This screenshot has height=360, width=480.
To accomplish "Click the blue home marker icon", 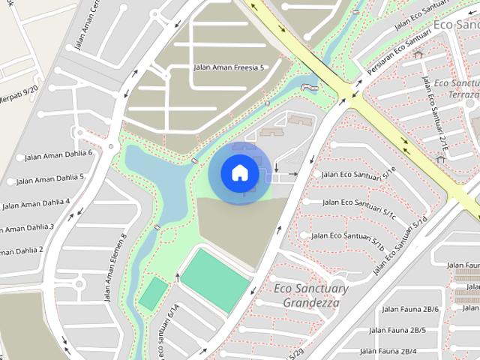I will (x=240, y=172).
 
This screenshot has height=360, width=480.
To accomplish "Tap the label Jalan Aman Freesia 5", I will (x=229, y=67).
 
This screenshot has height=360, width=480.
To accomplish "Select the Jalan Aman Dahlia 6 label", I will (x=58, y=154).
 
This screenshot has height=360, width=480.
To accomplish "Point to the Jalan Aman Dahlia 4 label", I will (x=37, y=203).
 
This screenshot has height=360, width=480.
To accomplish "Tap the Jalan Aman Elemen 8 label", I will (x=115, y=267).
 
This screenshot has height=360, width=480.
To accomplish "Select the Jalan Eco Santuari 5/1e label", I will (x=358, y=174).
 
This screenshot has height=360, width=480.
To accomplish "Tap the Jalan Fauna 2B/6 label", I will (x=410, y=309).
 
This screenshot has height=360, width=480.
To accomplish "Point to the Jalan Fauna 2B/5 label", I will (x=403, y=330).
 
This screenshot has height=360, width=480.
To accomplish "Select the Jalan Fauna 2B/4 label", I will (x=388, y=351).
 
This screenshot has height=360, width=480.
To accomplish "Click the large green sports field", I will (x=214, y=280).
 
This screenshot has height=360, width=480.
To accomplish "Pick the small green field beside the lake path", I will (x=153, y=293).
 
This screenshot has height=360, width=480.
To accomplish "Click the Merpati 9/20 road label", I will (x=18, y=96).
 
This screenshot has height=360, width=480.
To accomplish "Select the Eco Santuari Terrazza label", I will (x=457, y=88).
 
